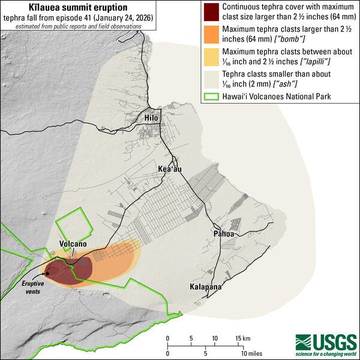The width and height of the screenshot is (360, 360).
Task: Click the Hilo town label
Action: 151,118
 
